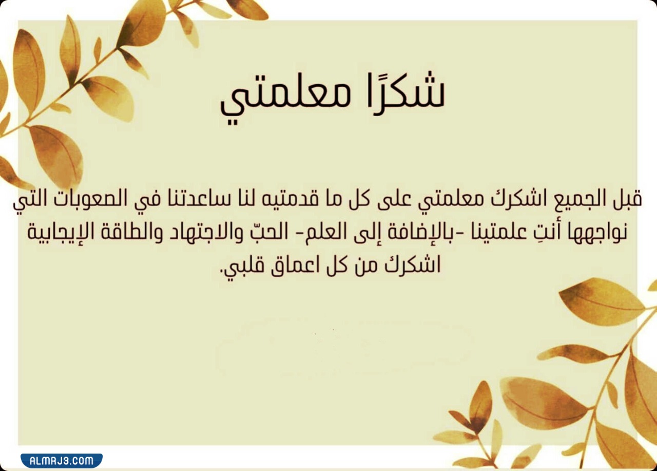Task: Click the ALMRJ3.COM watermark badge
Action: point(61,460)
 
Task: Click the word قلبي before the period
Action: point(241,267)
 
